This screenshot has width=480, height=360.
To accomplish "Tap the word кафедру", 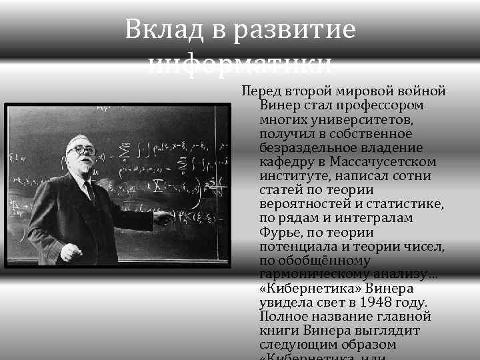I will [x=286, y=161].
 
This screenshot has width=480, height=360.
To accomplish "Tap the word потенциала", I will [x=295, y=247].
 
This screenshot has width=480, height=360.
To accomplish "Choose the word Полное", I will [x=282, y=317].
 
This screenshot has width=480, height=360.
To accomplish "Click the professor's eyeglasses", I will [x=80, y=151].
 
